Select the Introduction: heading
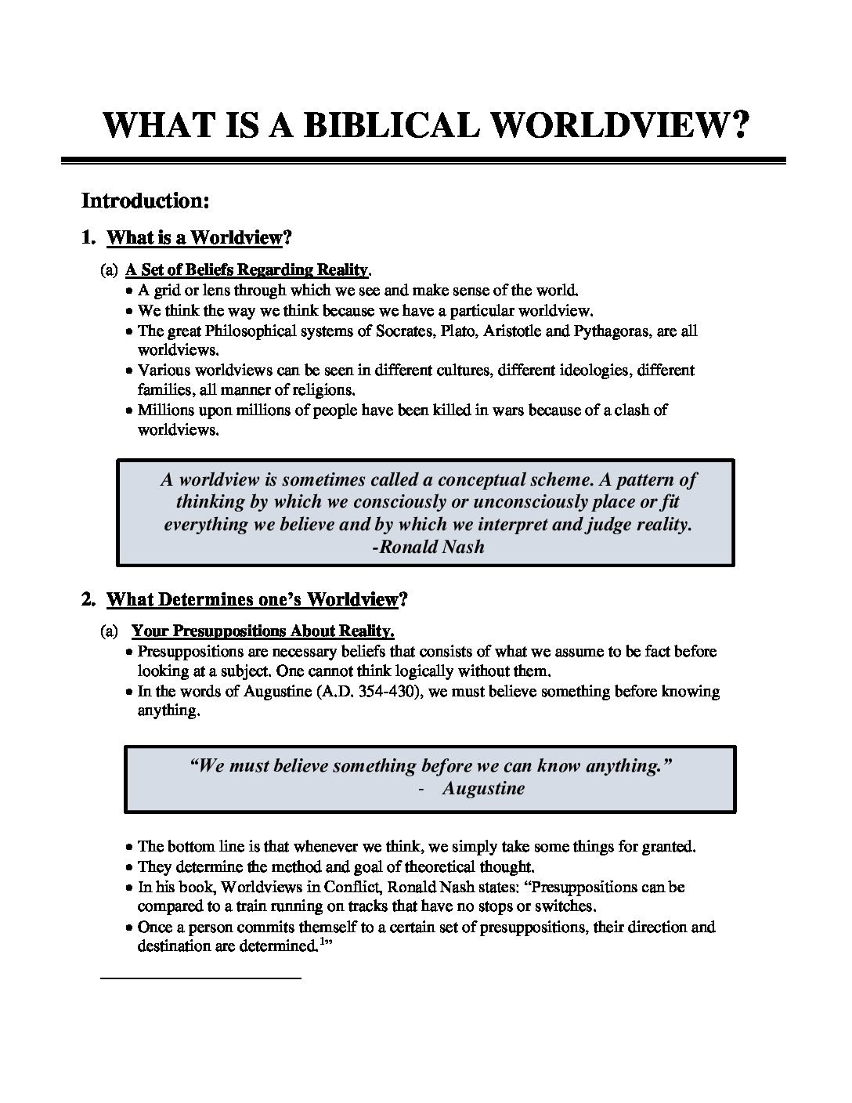point(145,201)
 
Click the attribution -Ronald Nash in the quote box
point(428,547)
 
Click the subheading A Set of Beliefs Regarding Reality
point(247,270)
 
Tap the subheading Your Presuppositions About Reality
point(262,631)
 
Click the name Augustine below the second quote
point(483,788)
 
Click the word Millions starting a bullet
point(166,410)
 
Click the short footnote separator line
point(201,978)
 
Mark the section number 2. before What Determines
point(88,600)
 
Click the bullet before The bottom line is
point(129,848)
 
